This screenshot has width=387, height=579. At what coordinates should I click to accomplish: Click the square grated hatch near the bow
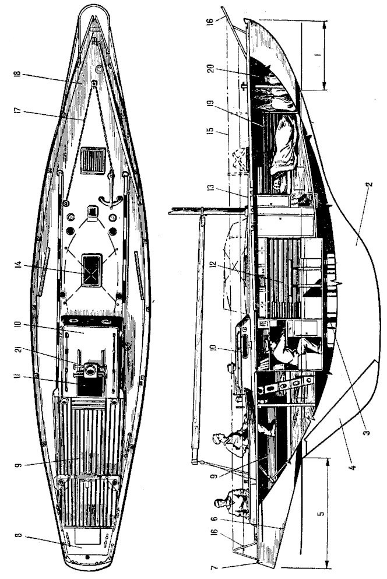pyautogui.click(x=94, y=159)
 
